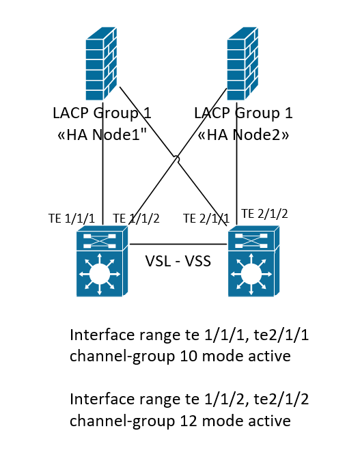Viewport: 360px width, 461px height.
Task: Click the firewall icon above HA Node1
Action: [101, 64]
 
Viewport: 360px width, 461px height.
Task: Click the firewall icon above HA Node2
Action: [243, 64]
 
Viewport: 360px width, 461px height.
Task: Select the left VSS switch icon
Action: [102, 261]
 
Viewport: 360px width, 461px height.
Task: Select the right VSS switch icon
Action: [254, 261]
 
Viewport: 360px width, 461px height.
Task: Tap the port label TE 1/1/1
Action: [72, 219]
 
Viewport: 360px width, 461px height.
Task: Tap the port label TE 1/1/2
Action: [136, 219]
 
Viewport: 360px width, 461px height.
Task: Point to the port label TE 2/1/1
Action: [206, 219]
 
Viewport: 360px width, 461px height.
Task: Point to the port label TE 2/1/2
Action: [264, 214]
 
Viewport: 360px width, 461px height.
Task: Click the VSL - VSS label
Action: [178, 261]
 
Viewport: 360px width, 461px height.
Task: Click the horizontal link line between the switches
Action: [178, 244]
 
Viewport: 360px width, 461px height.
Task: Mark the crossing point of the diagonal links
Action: [176, 158]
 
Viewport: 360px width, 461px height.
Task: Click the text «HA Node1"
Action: [102, 135]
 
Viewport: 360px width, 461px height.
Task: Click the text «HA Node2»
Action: [243, 135]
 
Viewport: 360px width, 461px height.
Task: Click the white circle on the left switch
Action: [100, 274]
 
